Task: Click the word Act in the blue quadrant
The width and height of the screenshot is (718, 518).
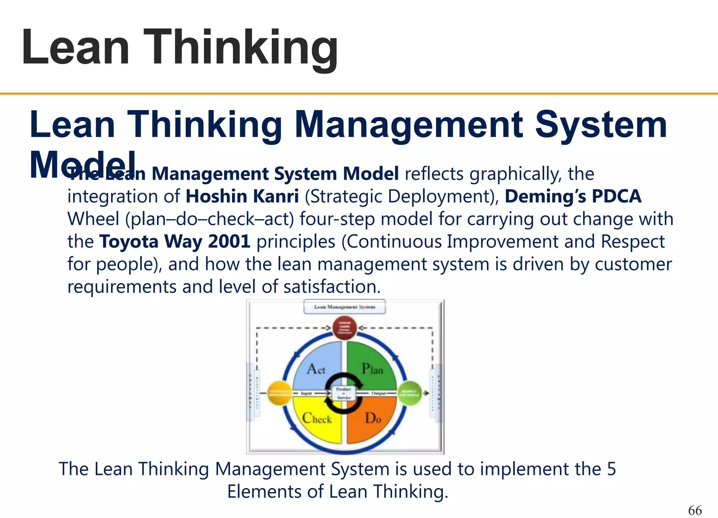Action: click(316, 369)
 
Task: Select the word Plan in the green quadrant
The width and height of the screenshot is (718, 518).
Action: click(372, 369)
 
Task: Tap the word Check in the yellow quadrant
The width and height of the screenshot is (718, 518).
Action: click(317, 418)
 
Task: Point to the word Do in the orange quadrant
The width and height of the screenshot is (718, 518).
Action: click(373, 418)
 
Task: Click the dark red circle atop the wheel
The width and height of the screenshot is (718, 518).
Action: click(344, 328)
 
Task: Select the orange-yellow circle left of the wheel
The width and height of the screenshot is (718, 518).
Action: click(279, 393)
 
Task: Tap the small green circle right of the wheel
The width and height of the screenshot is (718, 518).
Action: click(409, 393)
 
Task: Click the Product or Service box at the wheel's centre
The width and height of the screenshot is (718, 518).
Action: click(344, 393)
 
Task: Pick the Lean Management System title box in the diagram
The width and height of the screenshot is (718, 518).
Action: click(345, 307)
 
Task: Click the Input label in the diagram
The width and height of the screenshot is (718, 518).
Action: click(306, 393)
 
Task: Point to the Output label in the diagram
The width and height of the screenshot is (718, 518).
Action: click(379, 393)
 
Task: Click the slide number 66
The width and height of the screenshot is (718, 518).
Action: click(695, 510)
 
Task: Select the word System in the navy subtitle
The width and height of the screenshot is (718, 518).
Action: click(601, 124)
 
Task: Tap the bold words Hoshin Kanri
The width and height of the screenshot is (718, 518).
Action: click(242, 196)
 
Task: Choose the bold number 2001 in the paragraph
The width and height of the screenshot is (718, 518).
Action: click(229, 241)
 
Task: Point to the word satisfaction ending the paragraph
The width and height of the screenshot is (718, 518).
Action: click(332, 287)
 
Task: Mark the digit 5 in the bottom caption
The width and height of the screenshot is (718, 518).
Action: click(611, 469)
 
